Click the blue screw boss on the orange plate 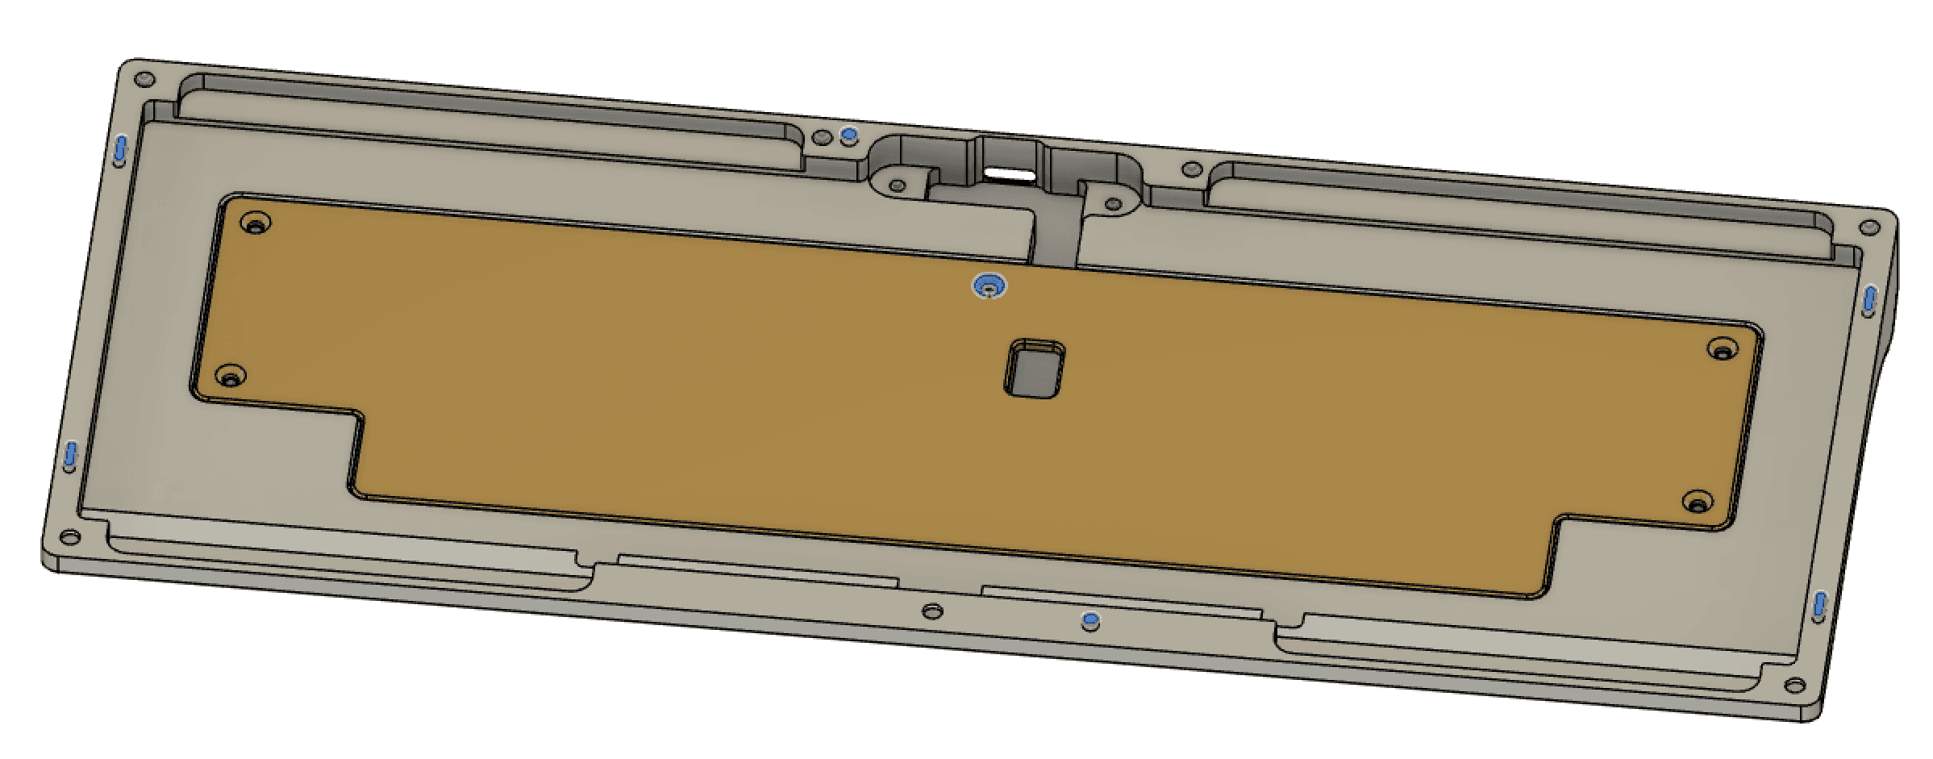[989, 286]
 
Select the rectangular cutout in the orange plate [1035, 369]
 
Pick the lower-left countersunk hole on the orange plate [231, 376]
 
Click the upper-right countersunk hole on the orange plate [1722, 350]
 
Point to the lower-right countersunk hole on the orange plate [1698, 503]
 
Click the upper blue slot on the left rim [120, 149]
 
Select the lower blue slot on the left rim [71, 457]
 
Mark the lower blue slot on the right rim [1820, 607]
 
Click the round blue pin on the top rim [848, 135]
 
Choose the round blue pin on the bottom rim [1090, 621]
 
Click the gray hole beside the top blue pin [823, 138]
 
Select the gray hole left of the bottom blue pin [932, 611]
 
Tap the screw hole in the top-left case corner [145, 80]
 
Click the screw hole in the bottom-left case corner [70, 537]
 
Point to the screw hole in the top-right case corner [1869, 229]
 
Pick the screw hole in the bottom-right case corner [1795, 686]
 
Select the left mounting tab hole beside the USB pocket [897, 186]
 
